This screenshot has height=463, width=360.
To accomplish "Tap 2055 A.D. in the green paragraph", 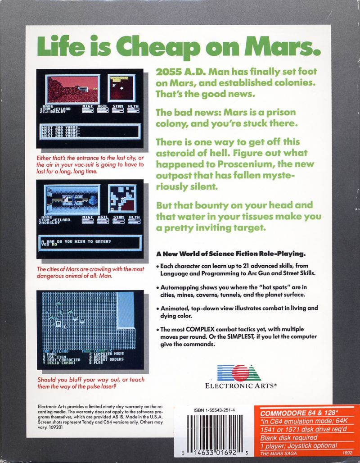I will (x=173, y=72).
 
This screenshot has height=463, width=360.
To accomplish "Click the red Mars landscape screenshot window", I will (x=72, y=89).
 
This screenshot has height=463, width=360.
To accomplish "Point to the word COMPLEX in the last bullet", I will (x=200, y=329).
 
